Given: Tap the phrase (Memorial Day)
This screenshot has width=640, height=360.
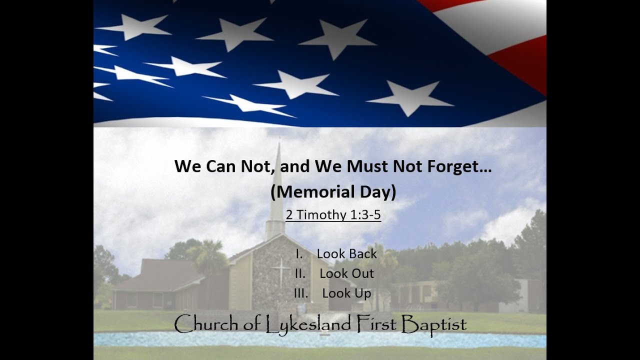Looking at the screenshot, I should point(333,192).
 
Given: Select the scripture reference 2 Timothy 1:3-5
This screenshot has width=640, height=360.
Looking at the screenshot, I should point(333,215).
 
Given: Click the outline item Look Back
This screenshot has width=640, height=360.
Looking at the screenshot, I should point(346,253).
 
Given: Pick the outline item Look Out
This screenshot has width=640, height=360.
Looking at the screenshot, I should point(346,273).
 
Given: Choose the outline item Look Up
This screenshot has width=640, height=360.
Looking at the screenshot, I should point(346,293).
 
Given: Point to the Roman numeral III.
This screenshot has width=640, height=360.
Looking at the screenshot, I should point(301,293).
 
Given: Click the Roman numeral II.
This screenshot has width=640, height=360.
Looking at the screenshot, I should point(300,273).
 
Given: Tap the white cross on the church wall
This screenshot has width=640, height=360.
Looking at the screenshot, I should point(280,271).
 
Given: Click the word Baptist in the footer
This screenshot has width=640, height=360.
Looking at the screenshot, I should point(434,325).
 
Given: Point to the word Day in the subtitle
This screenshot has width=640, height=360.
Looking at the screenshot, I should point(377,192).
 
